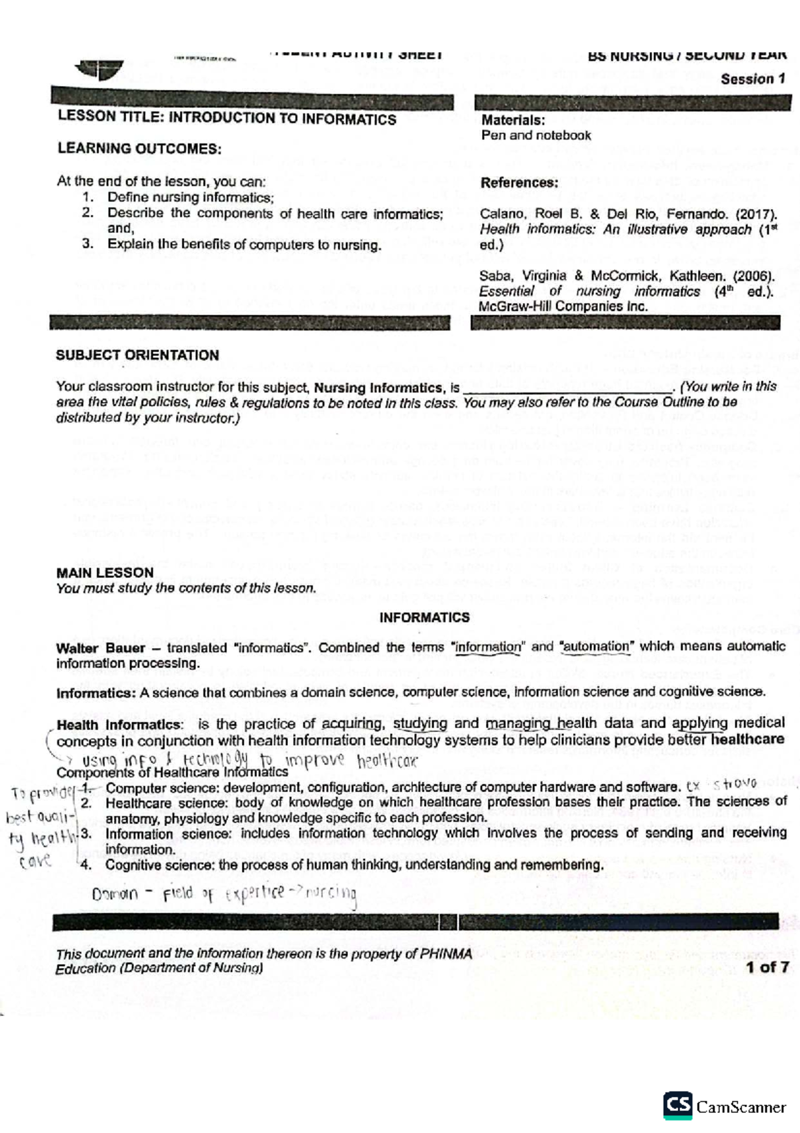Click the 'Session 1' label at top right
tap(753, 79)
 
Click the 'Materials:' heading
tap(513, 120)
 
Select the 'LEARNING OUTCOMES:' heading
tap(139, 148)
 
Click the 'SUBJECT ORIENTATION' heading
tap(137, 356)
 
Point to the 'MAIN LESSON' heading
tap(105, 573)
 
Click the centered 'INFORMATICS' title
tap(424, 617)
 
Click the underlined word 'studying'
tap(420, 723)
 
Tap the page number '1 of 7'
tap(767, 967)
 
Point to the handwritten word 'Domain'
tap(115, 894)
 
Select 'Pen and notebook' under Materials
tap(536, 135)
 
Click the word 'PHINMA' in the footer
tap(446, 954)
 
